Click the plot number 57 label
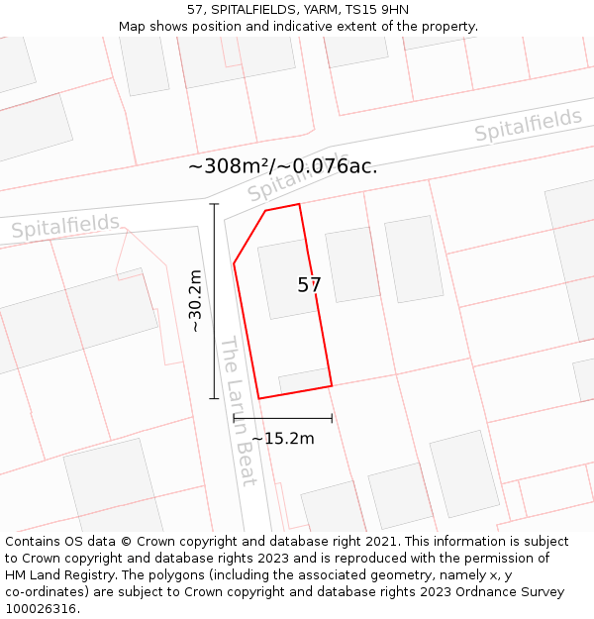[x=309, y=285]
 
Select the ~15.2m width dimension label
[x=282, y=438]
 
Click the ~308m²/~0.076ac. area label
[x=282, y=166]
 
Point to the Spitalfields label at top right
[x=528, y=126]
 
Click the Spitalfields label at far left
[x=65, y=227]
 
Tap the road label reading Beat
[x=245, y=464]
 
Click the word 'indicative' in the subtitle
[x=299, y=27]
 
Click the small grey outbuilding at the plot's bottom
[x=304, y=380]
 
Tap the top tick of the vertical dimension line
[x=214, y=204]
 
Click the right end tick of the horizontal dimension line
[x=332, y=418]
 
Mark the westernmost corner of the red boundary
[x=234, y=264]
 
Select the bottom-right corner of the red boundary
[x=332, y=385]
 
